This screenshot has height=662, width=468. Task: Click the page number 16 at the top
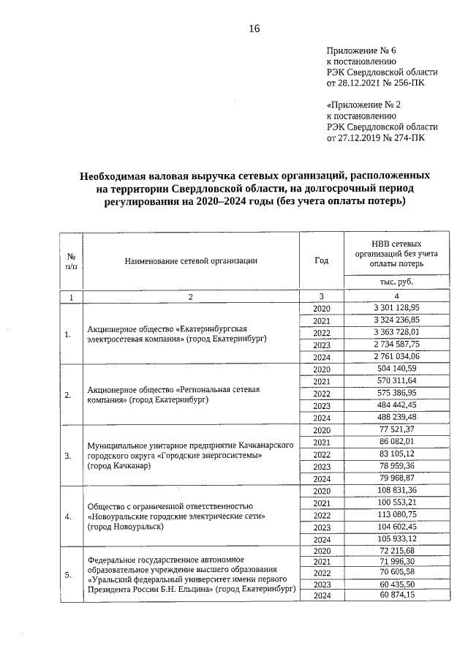254,29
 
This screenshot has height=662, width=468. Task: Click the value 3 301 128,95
395,309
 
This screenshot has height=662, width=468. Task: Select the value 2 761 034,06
395,357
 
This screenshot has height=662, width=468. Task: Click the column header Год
321,260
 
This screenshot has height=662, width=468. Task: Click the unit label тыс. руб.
395,282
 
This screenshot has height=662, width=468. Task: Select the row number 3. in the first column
68,455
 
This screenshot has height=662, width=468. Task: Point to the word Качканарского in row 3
268,445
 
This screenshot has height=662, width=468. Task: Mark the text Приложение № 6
361,50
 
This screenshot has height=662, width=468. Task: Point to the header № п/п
72,261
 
